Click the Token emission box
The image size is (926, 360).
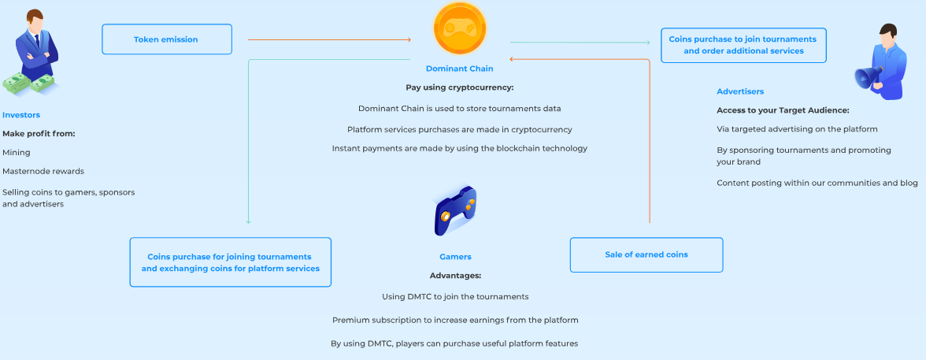tap(167, 39)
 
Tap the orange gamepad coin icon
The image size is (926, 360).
tap(460, 28)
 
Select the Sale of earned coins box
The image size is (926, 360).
tap(646, 254)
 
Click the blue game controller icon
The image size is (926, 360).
tap(455, 210)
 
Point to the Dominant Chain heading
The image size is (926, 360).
tap(460, 69)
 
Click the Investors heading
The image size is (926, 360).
tap(21, 115)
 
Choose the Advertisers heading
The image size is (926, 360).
tap(740, 91)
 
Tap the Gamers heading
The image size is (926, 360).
tap(455, 257)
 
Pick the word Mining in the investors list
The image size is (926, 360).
tap(17, 153)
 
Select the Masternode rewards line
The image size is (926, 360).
tap(43, 172)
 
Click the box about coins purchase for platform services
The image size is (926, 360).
tap(230, 262)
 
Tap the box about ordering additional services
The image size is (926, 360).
tap(743, 45)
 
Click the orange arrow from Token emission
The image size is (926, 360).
tap(329, 39)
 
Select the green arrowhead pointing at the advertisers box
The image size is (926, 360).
tap(648, 43)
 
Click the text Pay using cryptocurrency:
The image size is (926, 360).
tap(460, 87)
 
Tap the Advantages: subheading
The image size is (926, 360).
tap(455, 276)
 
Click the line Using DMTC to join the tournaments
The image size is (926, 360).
tap(455, 296)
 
